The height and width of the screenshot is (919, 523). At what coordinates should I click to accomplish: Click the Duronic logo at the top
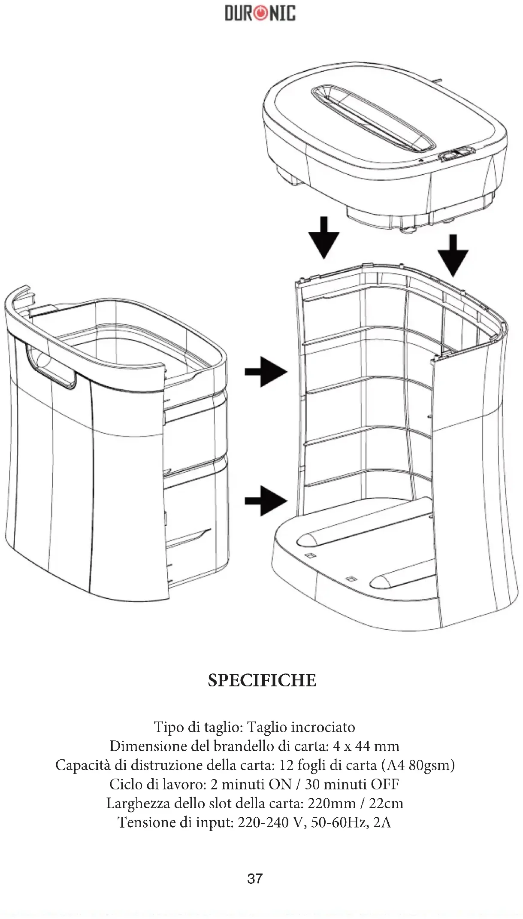260,13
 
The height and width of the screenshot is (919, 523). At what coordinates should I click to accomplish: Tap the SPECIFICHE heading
262,680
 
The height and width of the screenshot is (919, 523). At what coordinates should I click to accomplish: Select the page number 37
255,878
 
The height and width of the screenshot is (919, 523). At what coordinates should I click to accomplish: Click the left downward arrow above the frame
324,238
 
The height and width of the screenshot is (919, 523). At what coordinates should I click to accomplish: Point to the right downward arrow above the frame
452,255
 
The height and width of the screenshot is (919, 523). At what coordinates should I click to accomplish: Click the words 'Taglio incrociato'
301,727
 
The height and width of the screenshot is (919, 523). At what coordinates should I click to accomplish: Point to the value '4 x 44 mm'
366,746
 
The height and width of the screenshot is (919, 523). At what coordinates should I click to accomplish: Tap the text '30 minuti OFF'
352,784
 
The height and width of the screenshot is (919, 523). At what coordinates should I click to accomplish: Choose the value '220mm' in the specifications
332,803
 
